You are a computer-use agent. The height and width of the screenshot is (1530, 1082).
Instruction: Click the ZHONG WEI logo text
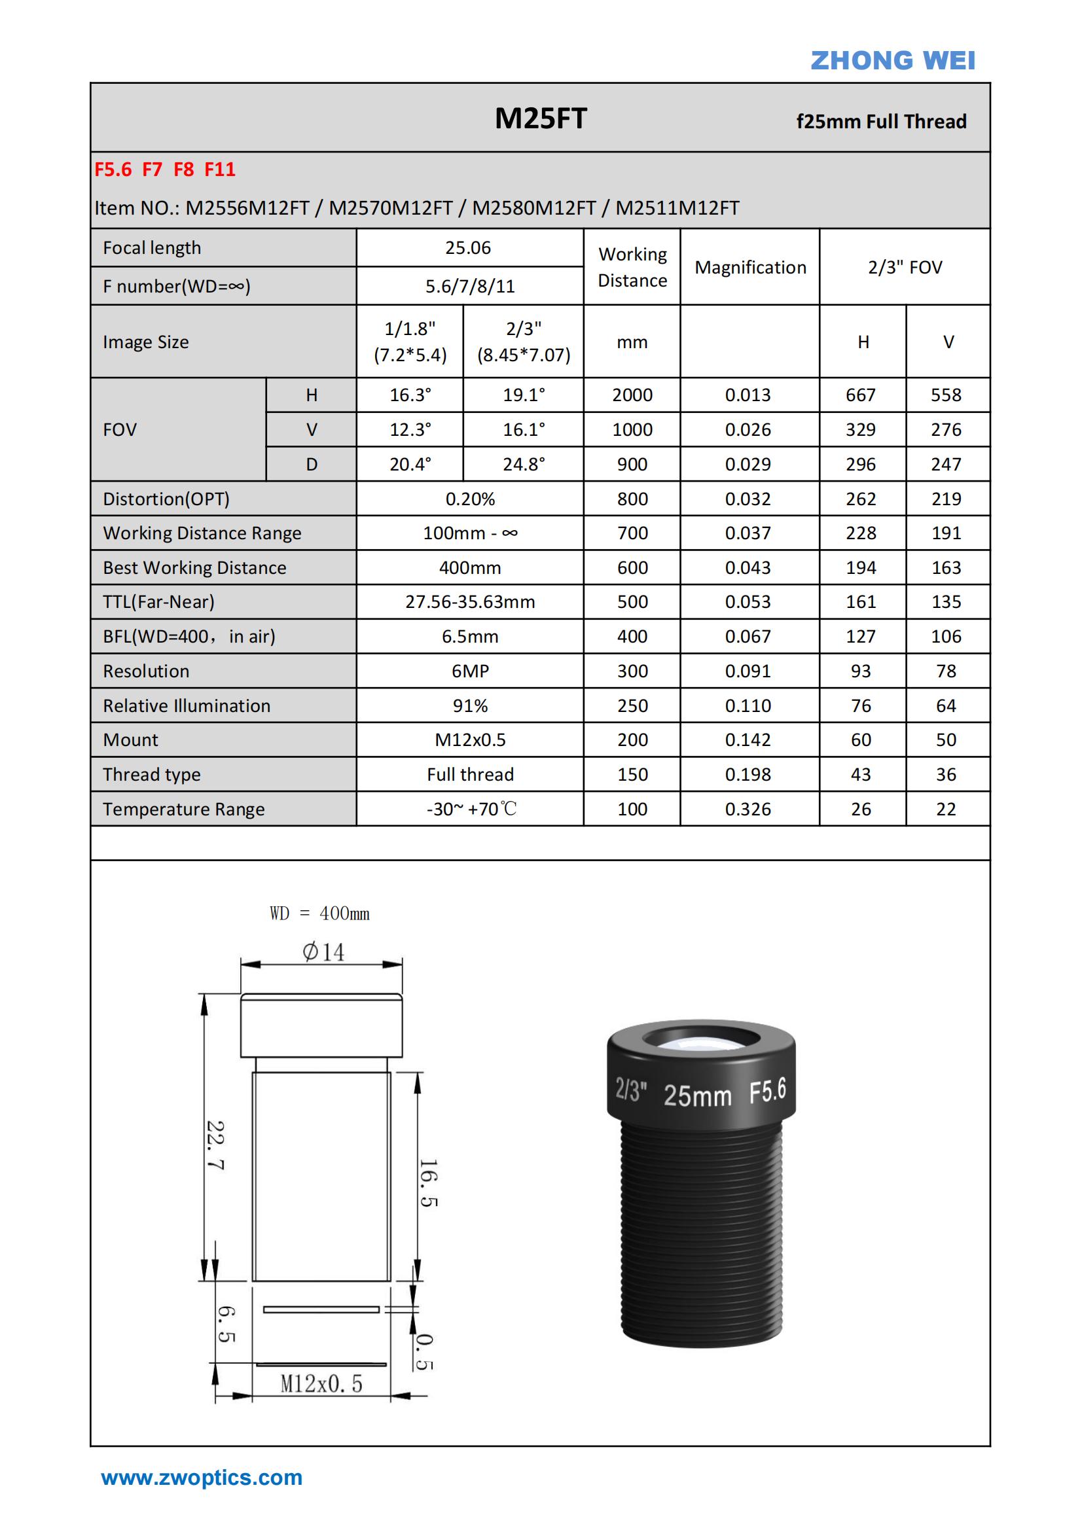tap(892, 61)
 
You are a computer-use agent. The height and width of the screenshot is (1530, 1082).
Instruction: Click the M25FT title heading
tap(540, 118)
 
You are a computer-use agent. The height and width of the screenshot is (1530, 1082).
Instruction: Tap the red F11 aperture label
tap(219, 170)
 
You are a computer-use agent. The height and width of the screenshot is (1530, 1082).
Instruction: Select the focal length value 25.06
tap(468, 248)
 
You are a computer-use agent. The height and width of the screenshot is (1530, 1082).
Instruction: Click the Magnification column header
tap(750, 267)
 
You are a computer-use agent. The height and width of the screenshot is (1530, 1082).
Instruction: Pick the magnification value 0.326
tap(748, 809)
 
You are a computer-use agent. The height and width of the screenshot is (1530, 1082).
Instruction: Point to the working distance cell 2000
tap(632, 395)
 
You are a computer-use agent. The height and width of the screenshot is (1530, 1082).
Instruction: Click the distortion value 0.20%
tap(470, 499)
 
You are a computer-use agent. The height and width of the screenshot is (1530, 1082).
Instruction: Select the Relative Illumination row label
tap(187, 705)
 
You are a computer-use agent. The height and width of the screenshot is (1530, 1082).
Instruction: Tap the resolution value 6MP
tap(470, 671)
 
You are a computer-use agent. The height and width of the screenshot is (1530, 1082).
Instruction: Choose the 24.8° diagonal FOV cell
tap(524, 465)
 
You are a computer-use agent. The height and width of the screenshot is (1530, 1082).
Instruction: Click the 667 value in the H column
tap(860, 395)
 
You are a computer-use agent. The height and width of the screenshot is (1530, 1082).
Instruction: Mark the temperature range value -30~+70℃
tap(471, 809)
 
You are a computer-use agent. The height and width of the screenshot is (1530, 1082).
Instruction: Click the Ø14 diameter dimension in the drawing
tap(323, 952)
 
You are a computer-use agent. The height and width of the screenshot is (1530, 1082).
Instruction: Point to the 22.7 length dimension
tap(215, 1145)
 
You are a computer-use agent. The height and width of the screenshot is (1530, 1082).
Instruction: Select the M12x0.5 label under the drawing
tap(321, 1384)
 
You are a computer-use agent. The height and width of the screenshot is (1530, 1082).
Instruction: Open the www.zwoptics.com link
tap(202, 1478)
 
